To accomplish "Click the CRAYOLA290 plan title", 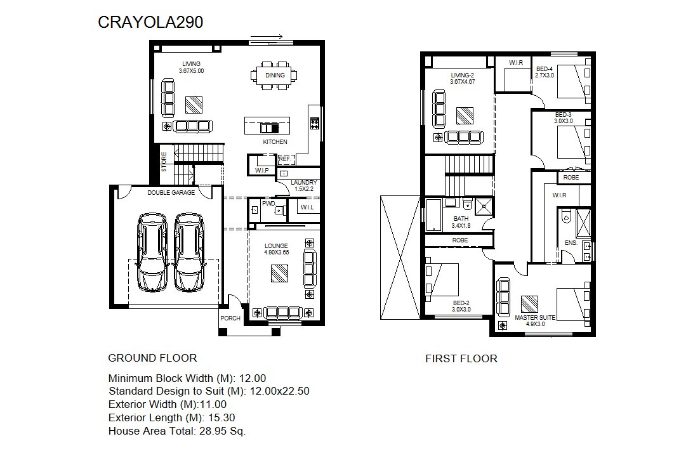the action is pyautogui.click(x=150, y=22).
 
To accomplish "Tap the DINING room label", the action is pyautogui.click(x=275, y=75).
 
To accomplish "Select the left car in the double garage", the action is pyautogui.click(x=152, y=253).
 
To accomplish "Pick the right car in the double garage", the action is pyautogui.click(x=189, y=253).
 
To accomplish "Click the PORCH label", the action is pyautogui.click(x=230, y=318).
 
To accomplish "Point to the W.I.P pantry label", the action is pyautogui.click(x=262, y=171).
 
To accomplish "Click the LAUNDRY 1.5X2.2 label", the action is pyautogui.click(x=303, y=186).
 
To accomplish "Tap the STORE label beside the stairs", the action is pyautogui.click(x=164, y=162).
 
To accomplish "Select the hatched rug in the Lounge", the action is pyautogui.click(x=279, y=273).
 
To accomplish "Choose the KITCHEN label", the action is pyautogui.click(x=275, y=142).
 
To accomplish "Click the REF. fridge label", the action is pyautogui.click(x=285, y=159).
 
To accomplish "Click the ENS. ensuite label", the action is pyautogui.click(x=571, y=243).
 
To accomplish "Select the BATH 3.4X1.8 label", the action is pyautogui.click(x=461, y=222).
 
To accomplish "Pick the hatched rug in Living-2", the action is pyautogui.click(x=465, y=116).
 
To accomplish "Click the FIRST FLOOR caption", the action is pyautogui.click(x=461, y=358).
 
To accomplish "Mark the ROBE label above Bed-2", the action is pyautogui.click(x=460, y=240).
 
